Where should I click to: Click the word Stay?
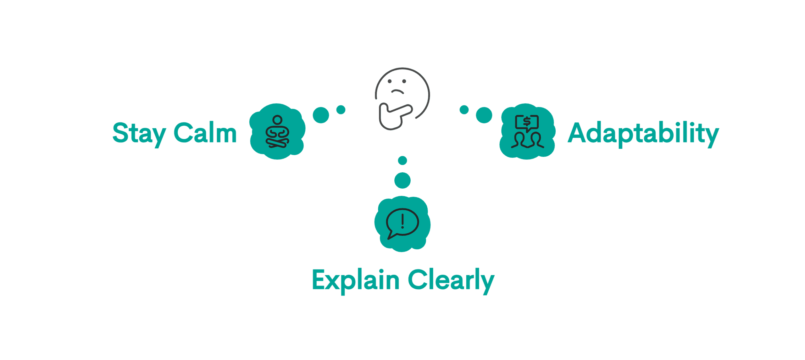tap(139, 133)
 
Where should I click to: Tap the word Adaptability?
tap(643, 133)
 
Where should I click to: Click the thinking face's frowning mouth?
tap(397, 92)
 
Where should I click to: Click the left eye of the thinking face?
tap(390, 81)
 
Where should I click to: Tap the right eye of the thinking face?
tap(404, 81)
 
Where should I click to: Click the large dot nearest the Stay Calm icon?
tap(321, 115)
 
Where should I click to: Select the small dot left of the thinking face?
tap(341, 110)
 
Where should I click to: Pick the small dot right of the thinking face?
tap(464, 110)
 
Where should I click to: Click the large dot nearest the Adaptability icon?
tap(484, 115)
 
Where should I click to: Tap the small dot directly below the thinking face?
tap(402, 161)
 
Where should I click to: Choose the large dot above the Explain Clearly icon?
tap(402, 180)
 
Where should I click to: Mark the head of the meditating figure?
tap(277, 120)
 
